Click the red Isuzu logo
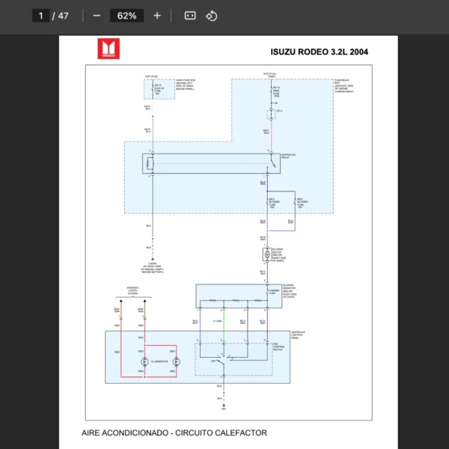[x=109, y=49]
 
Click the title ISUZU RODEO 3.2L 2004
[x=319, y=52]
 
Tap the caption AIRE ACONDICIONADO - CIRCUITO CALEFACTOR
[x=174, y=433]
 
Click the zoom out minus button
[x=97, y=16]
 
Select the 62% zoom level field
[x=126, y=16]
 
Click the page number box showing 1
[x=41, y=16]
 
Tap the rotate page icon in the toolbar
[x=212, y=16]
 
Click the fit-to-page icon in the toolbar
[x=190, y=16]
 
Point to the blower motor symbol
[x=266, y=256]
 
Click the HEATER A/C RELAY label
[x=289, y=157]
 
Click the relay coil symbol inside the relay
[x=150, y=162]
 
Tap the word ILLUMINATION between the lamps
[x=159, y=361]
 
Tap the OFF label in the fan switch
[x=213, y=361]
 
